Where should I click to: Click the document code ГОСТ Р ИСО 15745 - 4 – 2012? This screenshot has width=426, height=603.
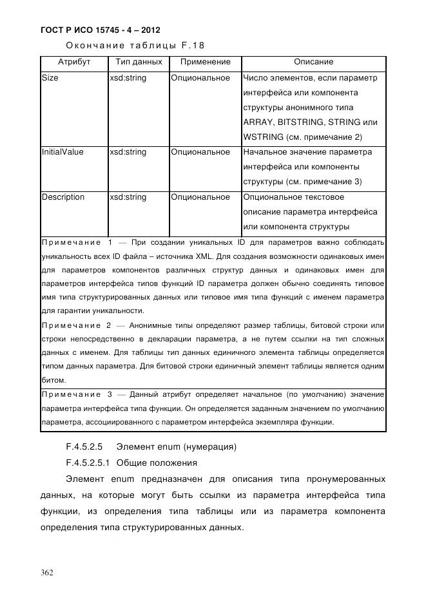[x=100, y=30]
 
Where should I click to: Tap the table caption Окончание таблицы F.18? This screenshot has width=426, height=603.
[x=135, y=46]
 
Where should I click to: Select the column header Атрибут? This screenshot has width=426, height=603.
[x=73, y=62]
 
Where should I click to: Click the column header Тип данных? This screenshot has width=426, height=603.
[x=138, y=62]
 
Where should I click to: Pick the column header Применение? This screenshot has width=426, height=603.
[x=205, y=62]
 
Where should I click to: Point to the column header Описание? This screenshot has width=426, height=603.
[x=313, y=62]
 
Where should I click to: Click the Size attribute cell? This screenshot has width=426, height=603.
[x=50, y=78]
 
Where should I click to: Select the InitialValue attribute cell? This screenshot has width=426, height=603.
[x=63, y=152]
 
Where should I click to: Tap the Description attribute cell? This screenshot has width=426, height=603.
[x=63, y=197]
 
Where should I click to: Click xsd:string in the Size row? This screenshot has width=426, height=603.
[x=128, y=78]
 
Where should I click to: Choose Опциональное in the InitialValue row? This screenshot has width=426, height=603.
[x=200, y=152]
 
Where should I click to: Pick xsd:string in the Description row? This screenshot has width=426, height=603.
[x=128, y=197]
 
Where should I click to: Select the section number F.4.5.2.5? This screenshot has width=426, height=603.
[x=85, y=446]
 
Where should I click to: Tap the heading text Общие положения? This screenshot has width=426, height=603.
[x=156, y=463]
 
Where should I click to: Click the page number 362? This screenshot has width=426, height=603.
[x=47, y=572]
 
